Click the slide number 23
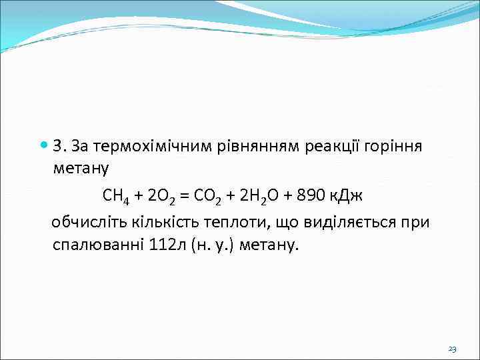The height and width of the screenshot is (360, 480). click(x=453, y=349)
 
